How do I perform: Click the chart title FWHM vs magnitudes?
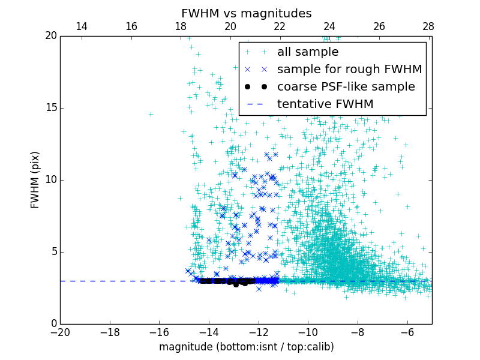coord(246,13)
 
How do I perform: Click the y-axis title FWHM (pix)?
coord(35,180)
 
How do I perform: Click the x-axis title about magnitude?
coord(246,347)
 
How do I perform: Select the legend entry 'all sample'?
coord(307,52)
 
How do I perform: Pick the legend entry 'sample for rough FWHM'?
coord(349,70)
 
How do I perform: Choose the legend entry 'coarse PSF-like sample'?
coord(346,87)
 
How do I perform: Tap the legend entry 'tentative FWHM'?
coord(325,104)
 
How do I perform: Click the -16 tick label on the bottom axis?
coord(159,332)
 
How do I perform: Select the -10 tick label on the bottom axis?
coord(307,332)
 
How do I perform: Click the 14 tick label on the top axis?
coord(82,26)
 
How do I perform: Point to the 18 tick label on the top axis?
coord(181,26)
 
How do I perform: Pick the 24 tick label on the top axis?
coord(329,26)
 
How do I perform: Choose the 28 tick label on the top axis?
coord(428,26)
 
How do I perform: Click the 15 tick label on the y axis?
coord(49,108)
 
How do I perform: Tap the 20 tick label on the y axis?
coord(49,36)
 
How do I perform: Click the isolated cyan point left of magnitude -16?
coord(151,114)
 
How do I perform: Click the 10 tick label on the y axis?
coord(49,180)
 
